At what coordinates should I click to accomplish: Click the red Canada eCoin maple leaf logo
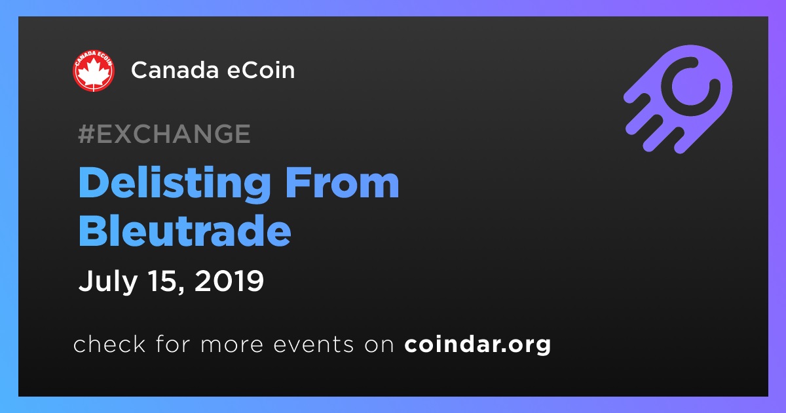tap(93, 71)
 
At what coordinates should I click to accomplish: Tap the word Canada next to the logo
tap(175, 70)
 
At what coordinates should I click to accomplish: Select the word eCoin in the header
tap(261, 70)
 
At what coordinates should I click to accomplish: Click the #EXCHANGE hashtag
tap(164, 134)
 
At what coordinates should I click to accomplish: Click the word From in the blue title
tap(342, 183)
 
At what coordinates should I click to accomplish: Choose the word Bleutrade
tap(185, 230)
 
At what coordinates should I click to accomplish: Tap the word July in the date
tap(107, 282)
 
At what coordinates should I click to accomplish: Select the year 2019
tap(229, 281)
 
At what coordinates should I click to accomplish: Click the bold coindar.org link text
tap(477, 345)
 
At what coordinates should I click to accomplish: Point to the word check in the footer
tap(109, 344)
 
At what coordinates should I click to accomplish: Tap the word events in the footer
tap(313, 345)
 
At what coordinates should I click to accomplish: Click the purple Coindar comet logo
tap(678, 100)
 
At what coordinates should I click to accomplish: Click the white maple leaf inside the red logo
tap(93, 73)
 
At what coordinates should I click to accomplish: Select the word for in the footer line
tap(173, 344)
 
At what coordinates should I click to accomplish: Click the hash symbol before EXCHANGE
tap(86, 134)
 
